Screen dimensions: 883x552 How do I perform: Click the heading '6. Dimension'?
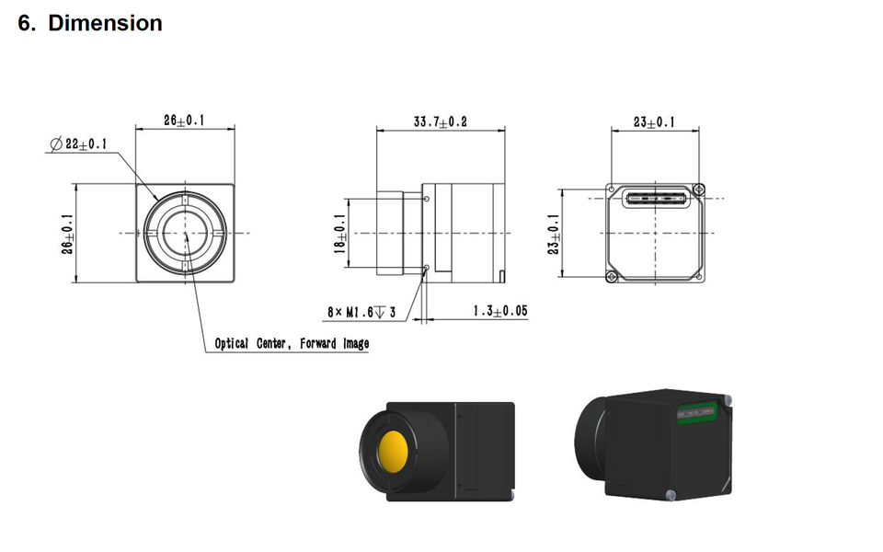tap(90, 23)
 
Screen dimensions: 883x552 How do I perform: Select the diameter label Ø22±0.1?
tap(78, 144)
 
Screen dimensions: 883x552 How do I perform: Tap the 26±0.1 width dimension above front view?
tap(184, 120)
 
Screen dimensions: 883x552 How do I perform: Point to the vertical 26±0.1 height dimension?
tap(67, 234)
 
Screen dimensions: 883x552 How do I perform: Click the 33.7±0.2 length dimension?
tap(441, 121)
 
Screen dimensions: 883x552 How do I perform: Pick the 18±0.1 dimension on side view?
tap(339, 234)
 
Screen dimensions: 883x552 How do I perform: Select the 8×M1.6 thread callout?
tap(361, 312)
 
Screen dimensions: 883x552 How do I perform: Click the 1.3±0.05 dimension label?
tap(500, 311)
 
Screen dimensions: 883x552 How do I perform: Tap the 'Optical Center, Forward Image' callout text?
tap(292, 343)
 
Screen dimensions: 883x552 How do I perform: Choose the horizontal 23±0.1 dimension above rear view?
tap(654, 121)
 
